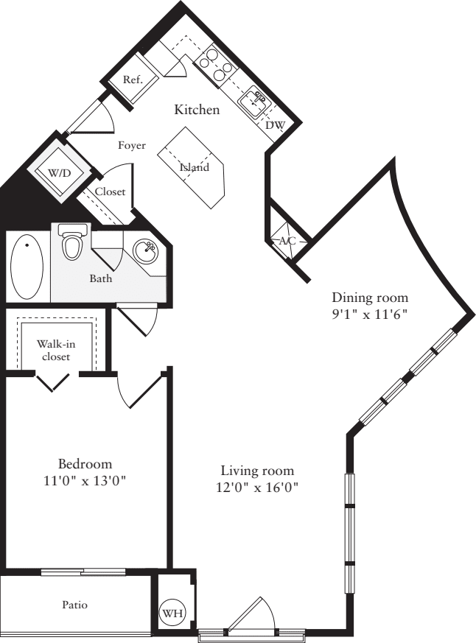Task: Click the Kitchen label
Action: (196, 110)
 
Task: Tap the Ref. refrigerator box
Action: (133, 80)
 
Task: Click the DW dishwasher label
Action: (275, 125)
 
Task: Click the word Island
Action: (195, 167)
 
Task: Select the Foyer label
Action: (132, 145)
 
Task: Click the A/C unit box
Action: (287, 241)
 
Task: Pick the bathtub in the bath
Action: (27, 266)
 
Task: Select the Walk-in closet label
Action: (56, 351)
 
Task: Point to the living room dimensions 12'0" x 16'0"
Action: (257, 487)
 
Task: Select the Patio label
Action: (74, 605)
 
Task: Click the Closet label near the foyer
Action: (111, 192)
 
